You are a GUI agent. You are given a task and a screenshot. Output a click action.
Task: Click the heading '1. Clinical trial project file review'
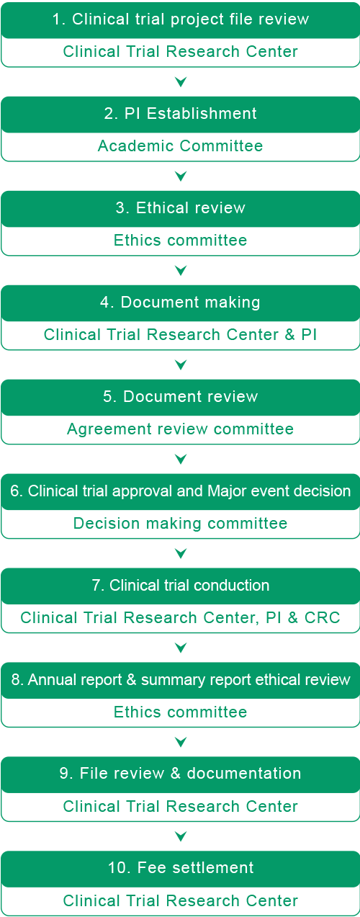[181, 19]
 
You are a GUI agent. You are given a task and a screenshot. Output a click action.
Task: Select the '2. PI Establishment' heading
[181, 113]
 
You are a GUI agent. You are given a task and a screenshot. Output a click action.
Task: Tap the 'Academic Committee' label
[181, 146]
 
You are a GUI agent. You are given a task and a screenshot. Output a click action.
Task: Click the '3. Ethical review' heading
[181, 207]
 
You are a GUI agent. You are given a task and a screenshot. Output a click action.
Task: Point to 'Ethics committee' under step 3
[181, 241]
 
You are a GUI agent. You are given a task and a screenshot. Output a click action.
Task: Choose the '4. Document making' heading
[181, 302]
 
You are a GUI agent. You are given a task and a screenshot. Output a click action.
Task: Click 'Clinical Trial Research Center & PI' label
[181, 334]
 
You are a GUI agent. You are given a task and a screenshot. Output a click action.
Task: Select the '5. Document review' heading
[181, 396]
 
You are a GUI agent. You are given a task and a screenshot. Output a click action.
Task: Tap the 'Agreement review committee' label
[181, 429]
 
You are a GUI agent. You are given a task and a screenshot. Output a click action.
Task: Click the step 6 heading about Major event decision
[181, 491]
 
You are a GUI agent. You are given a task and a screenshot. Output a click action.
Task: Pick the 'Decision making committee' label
[181, 523]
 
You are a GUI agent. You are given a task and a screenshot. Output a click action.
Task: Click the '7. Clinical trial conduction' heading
[181, 585]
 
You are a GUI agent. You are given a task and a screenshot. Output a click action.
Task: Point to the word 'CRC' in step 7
[323, 618]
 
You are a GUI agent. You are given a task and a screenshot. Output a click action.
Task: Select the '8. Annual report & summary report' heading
[181, 679]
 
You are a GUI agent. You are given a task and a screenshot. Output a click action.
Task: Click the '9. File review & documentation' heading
[181, 774]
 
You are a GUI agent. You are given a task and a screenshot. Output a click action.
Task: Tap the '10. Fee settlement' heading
[181, 868]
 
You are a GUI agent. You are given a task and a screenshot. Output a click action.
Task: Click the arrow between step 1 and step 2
[181, 82]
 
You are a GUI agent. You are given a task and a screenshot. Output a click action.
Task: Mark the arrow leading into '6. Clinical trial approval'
[181, 459]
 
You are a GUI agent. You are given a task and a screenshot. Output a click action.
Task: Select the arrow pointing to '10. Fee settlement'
[181, 836]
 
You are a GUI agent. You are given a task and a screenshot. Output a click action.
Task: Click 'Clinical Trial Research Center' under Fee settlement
[181, 900]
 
